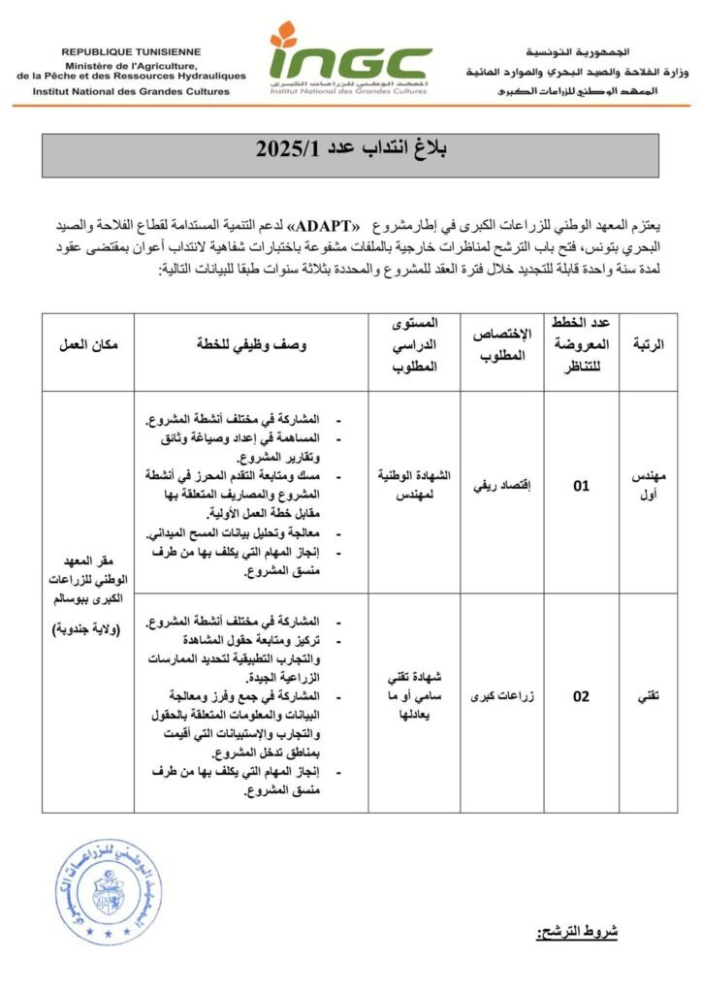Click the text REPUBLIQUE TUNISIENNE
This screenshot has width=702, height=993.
(x=131, y=50)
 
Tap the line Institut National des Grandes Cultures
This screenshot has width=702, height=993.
(x=131, y=91)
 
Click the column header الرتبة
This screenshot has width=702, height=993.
(x=648, y=344)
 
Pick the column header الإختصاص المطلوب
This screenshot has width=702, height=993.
(x=501, y=344)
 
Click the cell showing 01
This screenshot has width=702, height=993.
(x=581, y=487)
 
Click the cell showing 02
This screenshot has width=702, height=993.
(x=581, y=695)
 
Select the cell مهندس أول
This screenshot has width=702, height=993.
(x=648, y=487)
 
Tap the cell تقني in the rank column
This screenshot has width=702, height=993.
(x=648, y=695)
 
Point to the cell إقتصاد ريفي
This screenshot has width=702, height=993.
(x=501, y=487)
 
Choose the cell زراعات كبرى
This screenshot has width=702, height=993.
(x=501, y=695)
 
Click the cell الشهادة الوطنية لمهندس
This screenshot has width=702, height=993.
(x=413, y=487)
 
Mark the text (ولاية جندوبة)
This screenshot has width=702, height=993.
(x=88, y=630)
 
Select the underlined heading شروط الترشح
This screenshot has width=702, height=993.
(x=578, y=932)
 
